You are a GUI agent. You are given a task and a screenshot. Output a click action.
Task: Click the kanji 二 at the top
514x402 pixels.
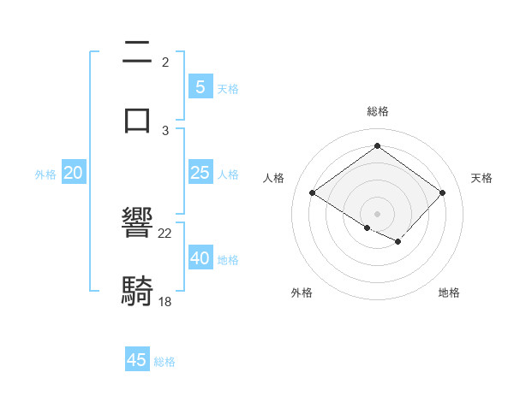[x=138, y=53]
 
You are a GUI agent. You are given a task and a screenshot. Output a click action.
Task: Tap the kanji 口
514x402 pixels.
[x=138, y=118]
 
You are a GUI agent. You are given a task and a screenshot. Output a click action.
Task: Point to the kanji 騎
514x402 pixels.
[x=138, y=290]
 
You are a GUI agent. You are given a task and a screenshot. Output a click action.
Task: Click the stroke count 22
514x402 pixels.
[x=165, y=234]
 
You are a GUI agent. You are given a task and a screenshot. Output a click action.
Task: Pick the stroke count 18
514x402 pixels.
[x=165, y=300]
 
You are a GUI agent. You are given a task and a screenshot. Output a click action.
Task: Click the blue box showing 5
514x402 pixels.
[x=200, y=86]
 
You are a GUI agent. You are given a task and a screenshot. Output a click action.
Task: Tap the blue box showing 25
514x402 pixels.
[x=200, y=173]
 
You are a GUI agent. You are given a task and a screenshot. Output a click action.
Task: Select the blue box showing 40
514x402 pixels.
[x=200, y=258]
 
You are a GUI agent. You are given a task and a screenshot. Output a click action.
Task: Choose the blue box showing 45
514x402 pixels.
[x=137, y=360]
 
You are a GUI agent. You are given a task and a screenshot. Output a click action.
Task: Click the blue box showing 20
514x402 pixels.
[x=73, y=173]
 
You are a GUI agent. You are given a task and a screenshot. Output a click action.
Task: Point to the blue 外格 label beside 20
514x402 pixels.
[x=45, y=174]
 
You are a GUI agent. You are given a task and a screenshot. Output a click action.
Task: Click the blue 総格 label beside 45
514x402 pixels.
[x=164, y=362]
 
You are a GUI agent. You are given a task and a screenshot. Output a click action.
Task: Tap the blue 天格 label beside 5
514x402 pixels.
[x=228, y=88]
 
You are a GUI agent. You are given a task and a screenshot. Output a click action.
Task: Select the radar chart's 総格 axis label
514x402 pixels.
[x=377, y=111]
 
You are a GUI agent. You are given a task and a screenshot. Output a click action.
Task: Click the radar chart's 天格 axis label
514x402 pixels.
[x=481, y=178]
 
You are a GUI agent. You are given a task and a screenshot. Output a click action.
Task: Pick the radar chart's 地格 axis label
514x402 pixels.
[x=449, y=293]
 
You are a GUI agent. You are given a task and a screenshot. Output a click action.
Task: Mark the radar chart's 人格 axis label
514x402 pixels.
[x=273, y=178]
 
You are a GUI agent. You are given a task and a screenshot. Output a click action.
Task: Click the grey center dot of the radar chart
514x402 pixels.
[x=377, y=212]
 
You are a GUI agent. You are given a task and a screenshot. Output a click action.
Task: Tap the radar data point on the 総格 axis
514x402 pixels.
[x=377, y=146]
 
